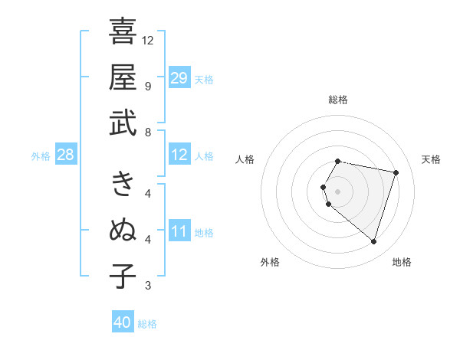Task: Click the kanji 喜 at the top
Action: click(x=123, y=31)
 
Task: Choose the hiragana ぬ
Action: click(x=123, y=230)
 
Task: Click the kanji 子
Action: click(x=123, y=276)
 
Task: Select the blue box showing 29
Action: click(x=179, y=78)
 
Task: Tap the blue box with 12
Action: click(x=179, y=155)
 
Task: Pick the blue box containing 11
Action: click(x=179, y=231)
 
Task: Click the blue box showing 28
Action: click(x=66, y=155)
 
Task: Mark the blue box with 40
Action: click(x=123, y=322)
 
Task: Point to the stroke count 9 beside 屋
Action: click(x=147, y=86)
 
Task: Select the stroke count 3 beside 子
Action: click(x=147, y=286)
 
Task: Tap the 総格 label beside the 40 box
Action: click(x=148, y=324)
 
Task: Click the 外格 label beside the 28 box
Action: click(x=41, y=156)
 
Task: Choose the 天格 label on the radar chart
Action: click(x=432, y=159)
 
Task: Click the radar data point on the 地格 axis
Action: click(x=373, y=242)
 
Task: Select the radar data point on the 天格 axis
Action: click(x=396, y=173)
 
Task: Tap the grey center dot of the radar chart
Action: click(x=337, y=191)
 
